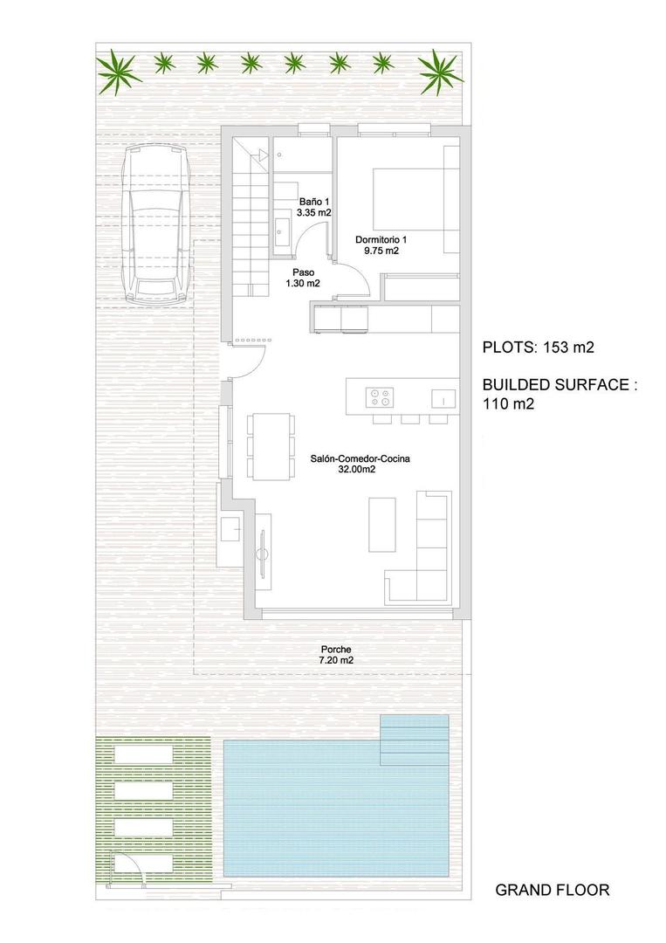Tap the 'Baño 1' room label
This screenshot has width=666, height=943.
(313, 207)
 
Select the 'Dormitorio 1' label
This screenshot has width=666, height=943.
(381, 244)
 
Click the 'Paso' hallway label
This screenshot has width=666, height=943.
(302, 278)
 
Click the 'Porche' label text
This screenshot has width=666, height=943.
(336, 655)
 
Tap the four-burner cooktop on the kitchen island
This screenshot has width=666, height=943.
(380, 397)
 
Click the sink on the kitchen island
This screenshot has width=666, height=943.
(443, 398)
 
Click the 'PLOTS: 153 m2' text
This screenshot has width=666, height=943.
(538, 347)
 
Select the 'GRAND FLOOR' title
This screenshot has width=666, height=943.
(552, 890)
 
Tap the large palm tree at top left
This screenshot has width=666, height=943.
(119, 72)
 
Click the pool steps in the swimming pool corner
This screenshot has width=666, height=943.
(415, 738)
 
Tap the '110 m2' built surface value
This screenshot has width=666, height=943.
(508, 403)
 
